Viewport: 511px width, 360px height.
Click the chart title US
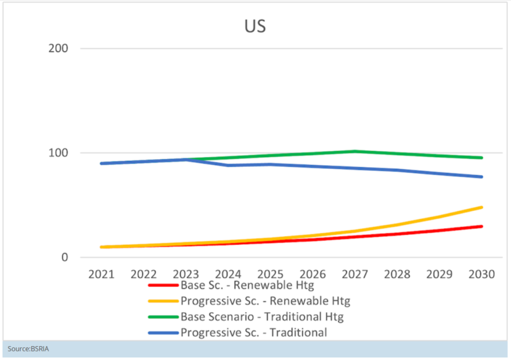255,26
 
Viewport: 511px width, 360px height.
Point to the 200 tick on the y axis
59,49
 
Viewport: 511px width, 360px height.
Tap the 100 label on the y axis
59,153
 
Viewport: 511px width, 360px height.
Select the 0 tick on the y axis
65,258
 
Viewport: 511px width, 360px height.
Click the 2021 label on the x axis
101,274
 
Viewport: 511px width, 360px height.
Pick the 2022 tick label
144,274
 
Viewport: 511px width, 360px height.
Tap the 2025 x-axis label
271,274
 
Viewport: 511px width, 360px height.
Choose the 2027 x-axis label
355,274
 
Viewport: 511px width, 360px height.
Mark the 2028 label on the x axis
397,274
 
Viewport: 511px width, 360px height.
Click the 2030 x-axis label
482,274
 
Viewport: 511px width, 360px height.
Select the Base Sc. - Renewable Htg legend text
248,285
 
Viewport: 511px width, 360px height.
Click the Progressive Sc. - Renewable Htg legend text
265,301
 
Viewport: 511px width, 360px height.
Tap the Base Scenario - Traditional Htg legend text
262,317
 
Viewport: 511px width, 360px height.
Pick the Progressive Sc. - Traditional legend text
254,333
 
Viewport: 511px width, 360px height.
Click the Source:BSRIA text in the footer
29,349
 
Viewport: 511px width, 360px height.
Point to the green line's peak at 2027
355,151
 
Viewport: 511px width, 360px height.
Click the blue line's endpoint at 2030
482,177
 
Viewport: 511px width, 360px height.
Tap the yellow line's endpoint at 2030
482,207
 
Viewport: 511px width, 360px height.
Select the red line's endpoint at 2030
482,226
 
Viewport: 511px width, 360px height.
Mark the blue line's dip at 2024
228,165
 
